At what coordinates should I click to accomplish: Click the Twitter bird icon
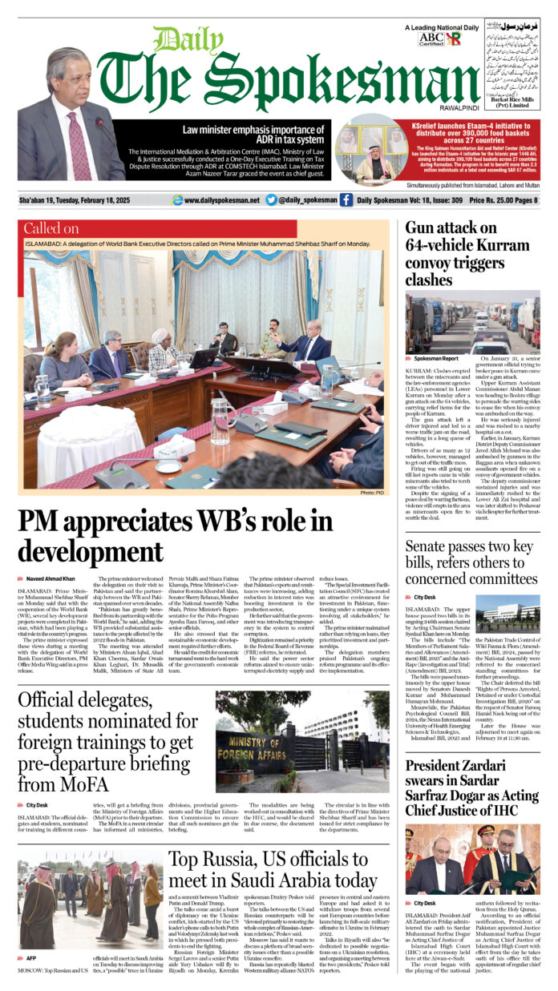[271, 200]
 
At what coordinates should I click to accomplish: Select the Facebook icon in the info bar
[346, 200]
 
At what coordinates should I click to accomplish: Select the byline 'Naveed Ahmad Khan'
[51, 578]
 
